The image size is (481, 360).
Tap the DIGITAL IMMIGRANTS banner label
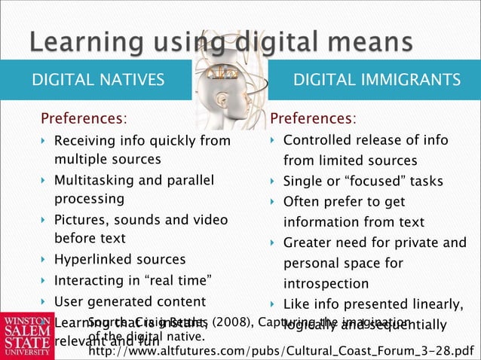point(376,80)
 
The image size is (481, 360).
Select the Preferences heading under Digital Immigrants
point(314,119)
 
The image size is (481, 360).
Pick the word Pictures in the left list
point(78,220)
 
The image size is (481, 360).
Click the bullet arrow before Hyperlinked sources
point(43,261)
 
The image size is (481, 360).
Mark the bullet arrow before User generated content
point(43,303)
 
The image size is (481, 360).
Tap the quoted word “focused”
point(365,182)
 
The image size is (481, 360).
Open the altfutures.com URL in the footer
point(282,350)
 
